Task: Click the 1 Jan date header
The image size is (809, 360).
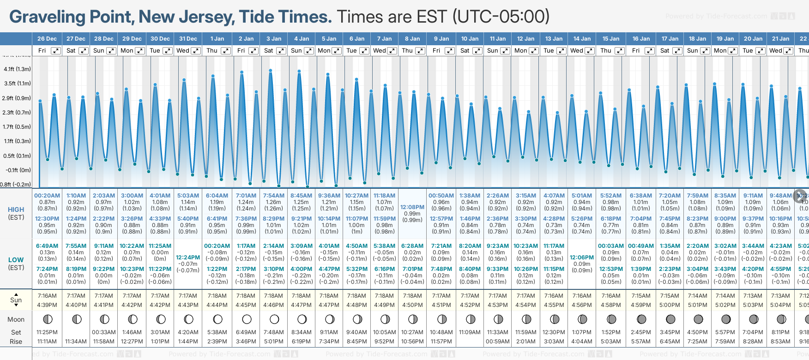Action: [x=217, y=39]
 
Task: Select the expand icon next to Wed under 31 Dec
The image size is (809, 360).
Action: [x=196, y=51]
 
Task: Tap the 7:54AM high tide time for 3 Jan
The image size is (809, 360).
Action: [x=273, y=195]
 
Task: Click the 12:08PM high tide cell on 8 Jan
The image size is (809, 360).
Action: [x=412, y=207]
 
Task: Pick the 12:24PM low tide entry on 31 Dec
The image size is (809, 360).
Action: [x=188, y=258]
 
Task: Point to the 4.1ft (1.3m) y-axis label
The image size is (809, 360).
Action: [x=17, y=69]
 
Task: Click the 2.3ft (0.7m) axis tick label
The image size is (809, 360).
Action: [x=17, y=112]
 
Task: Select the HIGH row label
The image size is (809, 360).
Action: [x=16, y=210]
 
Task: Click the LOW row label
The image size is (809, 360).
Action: [x=16, y=260]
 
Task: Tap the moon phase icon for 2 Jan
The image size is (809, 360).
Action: [x=247, y=319]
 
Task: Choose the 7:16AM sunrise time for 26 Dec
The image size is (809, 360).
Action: [x=47, y=296]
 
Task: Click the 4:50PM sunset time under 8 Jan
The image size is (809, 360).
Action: [x=412, y=305]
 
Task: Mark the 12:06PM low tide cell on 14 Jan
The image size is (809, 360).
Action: [x=582, y=258]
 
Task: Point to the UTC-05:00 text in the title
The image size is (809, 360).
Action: [x=501, y=17]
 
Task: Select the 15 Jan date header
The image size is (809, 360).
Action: [x=611, y=39]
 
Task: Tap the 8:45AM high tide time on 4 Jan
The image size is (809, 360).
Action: [x=301, y=195]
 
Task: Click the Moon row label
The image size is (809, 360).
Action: [x=16, y=319]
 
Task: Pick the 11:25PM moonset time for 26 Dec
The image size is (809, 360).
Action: [x=47, y=332]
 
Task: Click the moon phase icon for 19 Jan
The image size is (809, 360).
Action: [x=726, y=319]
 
